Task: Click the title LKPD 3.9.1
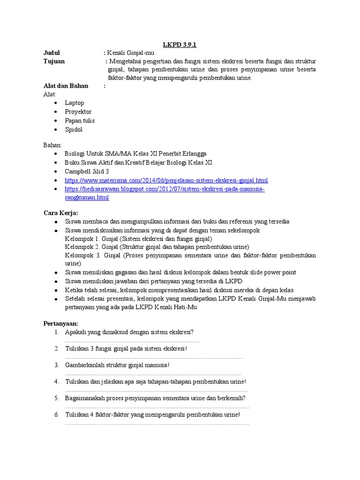[180, 45]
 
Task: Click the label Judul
[52, 53]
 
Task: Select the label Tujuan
[54, 61]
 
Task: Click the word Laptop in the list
[75, 103]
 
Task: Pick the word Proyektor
[78, 112]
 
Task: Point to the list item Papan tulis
[80, 120]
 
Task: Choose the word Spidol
[74, 129]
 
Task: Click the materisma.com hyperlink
[166, 180]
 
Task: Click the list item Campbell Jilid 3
[87, 171]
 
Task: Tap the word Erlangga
[193, 153]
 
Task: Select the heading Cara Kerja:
[61, 212]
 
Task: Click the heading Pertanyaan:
[61, 323]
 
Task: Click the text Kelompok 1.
[82, 238]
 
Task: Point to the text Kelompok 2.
[82, 247]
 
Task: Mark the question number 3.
[56, 365]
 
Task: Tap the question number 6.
[56, 414]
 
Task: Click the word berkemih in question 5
[231, 398]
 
